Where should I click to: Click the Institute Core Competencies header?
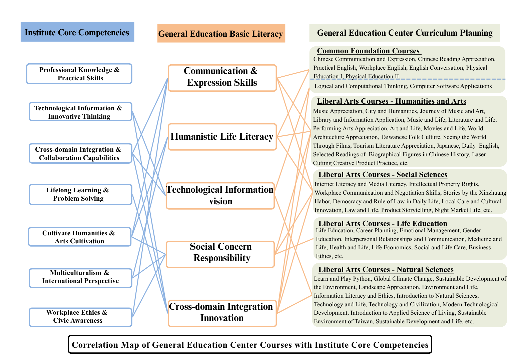[x=77, y=32]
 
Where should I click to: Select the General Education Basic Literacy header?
[x=221, y=34]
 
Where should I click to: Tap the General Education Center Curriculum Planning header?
[x=405, y=33]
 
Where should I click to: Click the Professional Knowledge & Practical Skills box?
[x=79, y=74]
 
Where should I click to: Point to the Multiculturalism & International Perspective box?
[x=80, y=277]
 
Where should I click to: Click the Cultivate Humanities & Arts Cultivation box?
[x=80, y=237]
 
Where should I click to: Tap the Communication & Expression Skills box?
[x=222, y=77]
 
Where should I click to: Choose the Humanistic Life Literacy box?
[x=222, y=137]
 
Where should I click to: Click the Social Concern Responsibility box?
[x=220, y=252]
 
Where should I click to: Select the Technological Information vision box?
[x=220, y=195]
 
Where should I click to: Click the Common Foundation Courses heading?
[x=368, y=51]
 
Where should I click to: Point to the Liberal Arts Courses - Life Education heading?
[x=383, y=224]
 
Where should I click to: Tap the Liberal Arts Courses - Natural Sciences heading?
[x=386, y=270]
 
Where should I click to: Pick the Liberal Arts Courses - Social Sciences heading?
[x=383, y=175]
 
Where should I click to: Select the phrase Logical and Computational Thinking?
[x=361, y=86]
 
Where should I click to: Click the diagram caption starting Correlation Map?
[x=250, y=345]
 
